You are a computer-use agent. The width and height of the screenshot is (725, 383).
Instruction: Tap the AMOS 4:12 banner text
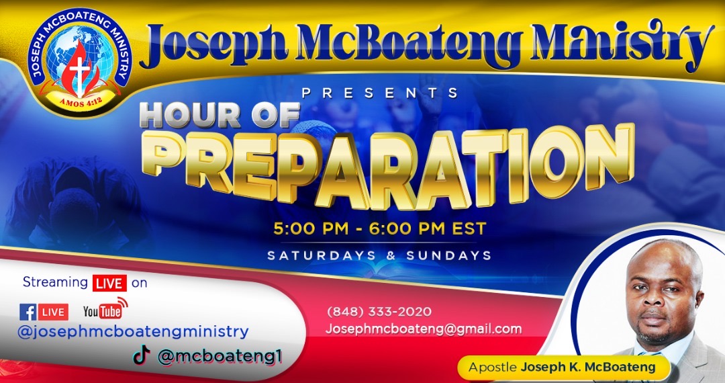pos(81,101)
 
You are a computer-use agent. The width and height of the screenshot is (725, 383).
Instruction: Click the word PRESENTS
pos(379,93)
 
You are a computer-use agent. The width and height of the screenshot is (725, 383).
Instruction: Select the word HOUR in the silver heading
pos(190,115)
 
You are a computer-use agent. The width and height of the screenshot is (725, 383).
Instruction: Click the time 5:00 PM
pos(311,229)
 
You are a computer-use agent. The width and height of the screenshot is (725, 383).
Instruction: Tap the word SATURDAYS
pos(322,255)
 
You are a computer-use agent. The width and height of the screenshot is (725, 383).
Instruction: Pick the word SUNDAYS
pos(448,255)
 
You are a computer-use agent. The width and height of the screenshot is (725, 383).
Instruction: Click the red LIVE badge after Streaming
pos(109,283)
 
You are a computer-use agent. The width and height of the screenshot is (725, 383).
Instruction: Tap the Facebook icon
pos(28,312)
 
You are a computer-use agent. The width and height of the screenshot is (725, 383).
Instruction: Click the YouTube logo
pos(105,309)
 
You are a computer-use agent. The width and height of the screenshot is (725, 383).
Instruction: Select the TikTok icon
pos(142,355)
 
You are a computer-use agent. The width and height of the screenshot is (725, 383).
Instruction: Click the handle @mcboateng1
pos(220,357)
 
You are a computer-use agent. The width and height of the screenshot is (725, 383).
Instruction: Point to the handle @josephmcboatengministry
pos(133,332)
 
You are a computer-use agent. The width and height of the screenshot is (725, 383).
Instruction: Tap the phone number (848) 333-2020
pos(379,312)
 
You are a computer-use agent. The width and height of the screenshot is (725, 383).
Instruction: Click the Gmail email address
pos(424,329)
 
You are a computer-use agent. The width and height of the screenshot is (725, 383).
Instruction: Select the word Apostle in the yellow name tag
pos(493,368)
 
